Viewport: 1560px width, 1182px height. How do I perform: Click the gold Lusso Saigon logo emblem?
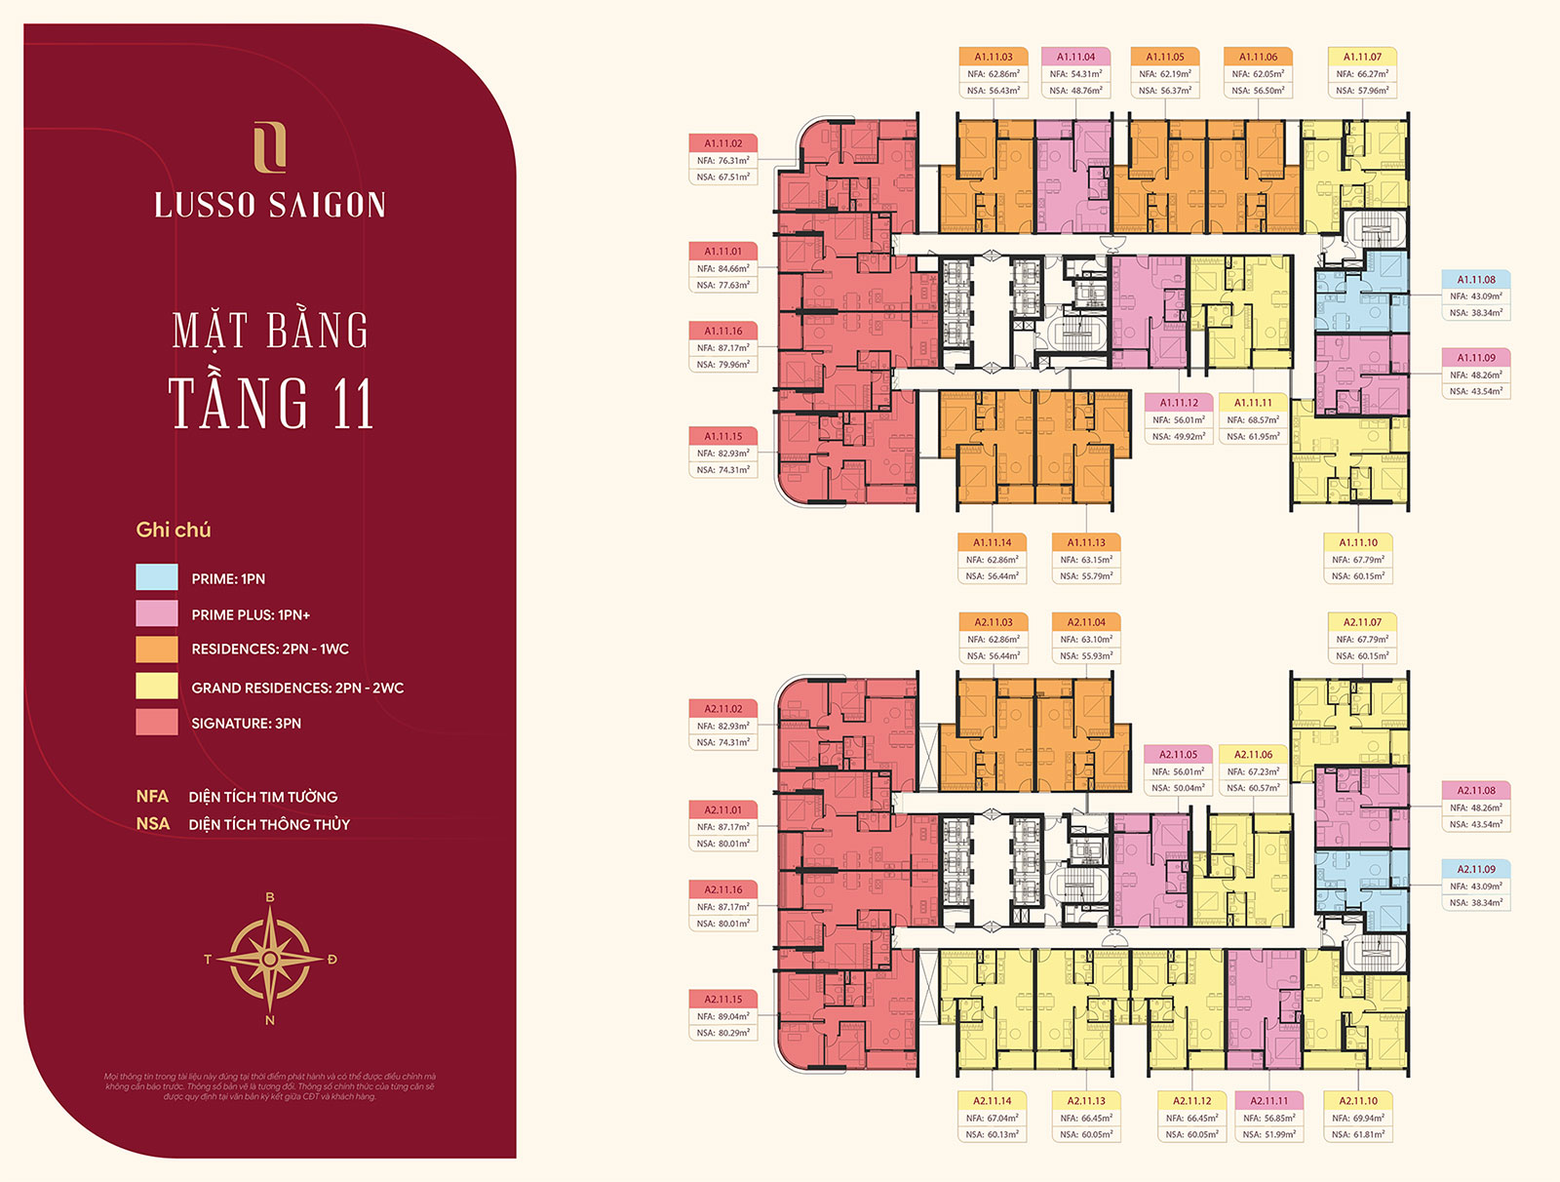pos(270,147)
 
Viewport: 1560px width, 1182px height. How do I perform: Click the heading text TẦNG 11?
pos(271,403)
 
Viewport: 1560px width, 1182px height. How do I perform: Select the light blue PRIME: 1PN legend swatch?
pos(157,577)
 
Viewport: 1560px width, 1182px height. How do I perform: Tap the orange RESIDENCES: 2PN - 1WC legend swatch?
pos(157,650)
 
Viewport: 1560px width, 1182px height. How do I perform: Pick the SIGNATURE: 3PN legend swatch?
pos(157,723)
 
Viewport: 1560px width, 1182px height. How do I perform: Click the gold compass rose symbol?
pos(270,959)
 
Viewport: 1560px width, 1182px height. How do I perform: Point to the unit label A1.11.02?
pos(723,143)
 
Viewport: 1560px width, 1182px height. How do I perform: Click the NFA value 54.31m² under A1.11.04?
pos(1075,74)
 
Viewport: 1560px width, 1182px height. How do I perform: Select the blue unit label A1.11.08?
pos(1476,280)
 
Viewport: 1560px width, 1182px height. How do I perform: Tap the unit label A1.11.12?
pos(1179,403)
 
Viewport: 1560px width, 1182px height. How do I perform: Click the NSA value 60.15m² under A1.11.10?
pos(1358,576)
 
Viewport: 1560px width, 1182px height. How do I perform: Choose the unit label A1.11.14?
pos(993,542)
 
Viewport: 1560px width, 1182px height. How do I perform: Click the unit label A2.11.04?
pos(1086,622)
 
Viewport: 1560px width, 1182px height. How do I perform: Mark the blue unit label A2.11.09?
pos(1476,869)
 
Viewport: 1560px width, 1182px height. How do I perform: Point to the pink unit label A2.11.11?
pos(1269,1101)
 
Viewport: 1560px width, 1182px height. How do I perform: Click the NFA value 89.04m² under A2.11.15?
pos(723,1016)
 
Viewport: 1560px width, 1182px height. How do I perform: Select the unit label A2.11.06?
pos(1254,755)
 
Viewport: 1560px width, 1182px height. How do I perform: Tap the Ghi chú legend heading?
pos(174,530)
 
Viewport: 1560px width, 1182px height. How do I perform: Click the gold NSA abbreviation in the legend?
pos(153,824)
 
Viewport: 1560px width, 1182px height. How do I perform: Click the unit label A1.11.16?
pos(723,332)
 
